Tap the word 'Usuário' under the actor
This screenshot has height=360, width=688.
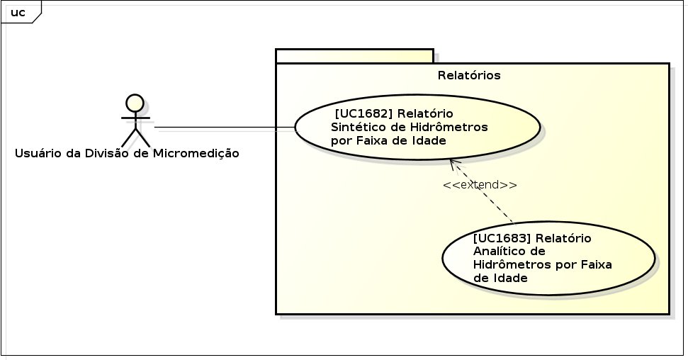[37, 153]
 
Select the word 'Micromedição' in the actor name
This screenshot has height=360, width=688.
[196, 153]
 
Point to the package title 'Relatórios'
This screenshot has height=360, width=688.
[469, 75]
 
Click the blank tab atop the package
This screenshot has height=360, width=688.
[354, 56]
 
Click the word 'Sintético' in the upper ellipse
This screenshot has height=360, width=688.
[356, 127]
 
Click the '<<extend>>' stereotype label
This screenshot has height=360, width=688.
[480, 184]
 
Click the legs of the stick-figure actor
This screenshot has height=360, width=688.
[135, 137]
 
